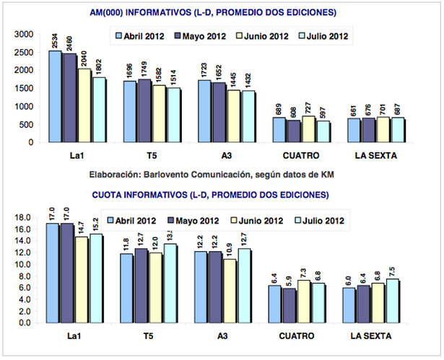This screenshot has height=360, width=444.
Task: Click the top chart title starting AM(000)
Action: tap(221, 12)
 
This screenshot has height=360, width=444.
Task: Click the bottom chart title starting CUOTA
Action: tap(221, 194)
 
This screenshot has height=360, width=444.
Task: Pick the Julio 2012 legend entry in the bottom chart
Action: tap(322, 220)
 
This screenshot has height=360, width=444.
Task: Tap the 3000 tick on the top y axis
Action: tap(24, 35)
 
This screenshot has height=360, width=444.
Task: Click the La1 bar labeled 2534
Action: tap(54, 97)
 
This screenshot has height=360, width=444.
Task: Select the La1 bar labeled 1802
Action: tap(92, 110)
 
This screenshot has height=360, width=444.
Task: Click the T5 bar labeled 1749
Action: tap(143, 111)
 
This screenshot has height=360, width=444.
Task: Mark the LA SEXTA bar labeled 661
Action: tap(353, 131)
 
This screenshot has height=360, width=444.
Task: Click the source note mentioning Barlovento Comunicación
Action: tap(221, 175)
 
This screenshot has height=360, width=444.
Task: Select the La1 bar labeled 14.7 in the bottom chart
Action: tap(79, 281)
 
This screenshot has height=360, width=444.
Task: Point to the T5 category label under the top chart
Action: tap(149, 156)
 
